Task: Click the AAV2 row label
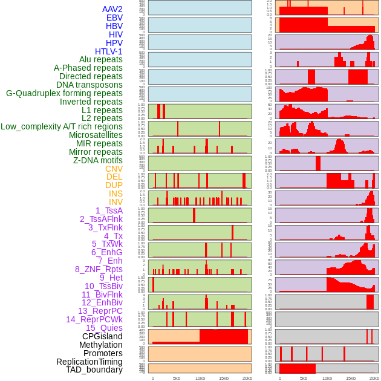click(x=112, y=9)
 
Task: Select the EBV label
click(x=114, y=18)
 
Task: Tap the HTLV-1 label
click(x=109, y=51)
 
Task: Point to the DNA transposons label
click(x=90, y=85)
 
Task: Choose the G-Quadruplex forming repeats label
click(x=64, y=93)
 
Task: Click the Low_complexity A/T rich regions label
click(x=62, y=126)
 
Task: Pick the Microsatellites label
click(x=96, y=135)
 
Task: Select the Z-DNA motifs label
click(x=98, y=160)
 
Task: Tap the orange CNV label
click(x=114, y=169)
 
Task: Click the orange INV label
click(x=116, y=202)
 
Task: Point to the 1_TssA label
click(x=109, y=210)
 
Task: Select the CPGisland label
click(x=102, y=336)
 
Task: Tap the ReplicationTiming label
click(x=90, y=362)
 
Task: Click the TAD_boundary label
click(x=94, y=370)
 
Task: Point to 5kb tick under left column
click(x=177, y=378)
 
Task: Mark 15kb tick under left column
click(x=224, y=378)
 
